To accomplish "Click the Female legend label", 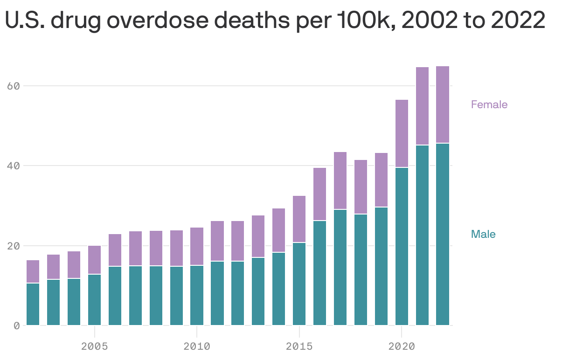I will [489, 104].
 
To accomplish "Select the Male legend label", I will [483, 234].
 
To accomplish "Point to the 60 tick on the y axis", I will [13, 86].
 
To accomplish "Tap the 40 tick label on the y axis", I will [13, 166].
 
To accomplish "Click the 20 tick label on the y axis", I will [13, 246].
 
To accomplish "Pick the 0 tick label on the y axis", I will [16, 325].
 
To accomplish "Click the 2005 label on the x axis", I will [94, 346].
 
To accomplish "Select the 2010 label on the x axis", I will [197, 346].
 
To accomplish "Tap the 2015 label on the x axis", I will [299, 346].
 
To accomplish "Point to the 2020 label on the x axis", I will [402, 346].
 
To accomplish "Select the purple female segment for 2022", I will [443, 104].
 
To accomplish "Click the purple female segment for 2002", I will [33, 271].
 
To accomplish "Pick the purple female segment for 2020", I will [402, 133].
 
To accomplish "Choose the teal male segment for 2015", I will [299, 284].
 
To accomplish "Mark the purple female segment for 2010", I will [197, 246].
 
